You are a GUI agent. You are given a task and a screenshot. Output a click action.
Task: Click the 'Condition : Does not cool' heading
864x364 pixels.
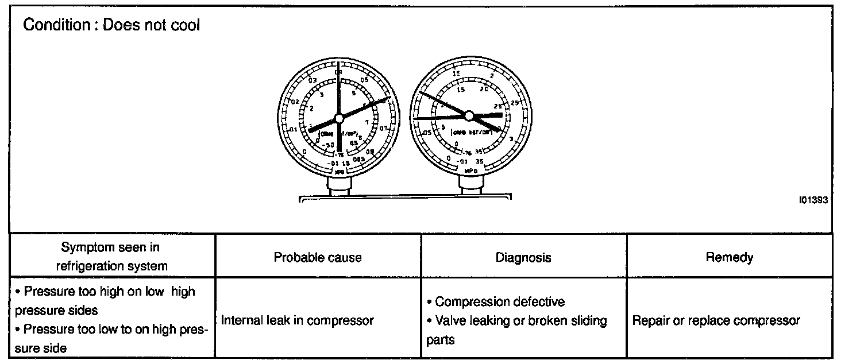pyautogui.click(x=111, y=26)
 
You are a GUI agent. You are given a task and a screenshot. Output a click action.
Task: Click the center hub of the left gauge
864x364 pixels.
pyautogui.click(x=338, y=118)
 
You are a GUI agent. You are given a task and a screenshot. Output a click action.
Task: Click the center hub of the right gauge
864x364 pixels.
pyautogui.click(x=469, y=115)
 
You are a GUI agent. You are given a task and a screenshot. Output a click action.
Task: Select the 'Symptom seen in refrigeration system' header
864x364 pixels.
pyautogui.click(x=111, y=257)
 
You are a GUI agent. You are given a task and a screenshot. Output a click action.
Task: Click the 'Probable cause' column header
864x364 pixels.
pyautogui.click(x=318, y=257)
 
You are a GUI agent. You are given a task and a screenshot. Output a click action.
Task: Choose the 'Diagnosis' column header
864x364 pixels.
pyautogui.click(x=523, y=257)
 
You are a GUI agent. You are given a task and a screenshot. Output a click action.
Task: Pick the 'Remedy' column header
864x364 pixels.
pyautogui.click(x=729, y=257)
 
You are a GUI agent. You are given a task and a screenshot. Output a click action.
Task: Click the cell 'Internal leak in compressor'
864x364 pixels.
pyautogui.click(x=298, y=320)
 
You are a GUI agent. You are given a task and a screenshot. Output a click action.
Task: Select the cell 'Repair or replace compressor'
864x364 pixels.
pyautogui.click(x=716, y=320)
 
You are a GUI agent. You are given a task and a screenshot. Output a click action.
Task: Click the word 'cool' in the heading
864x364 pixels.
pyautogui.click(x=185, y=26)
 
